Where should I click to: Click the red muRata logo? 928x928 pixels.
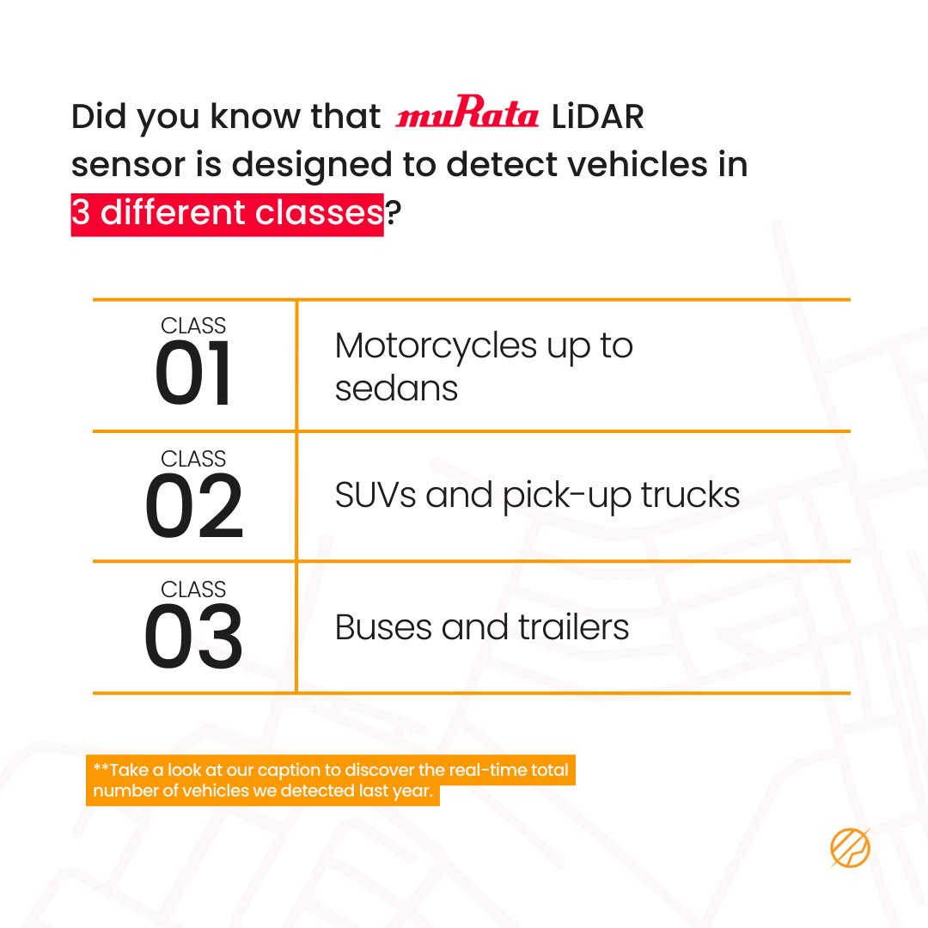(467, 117)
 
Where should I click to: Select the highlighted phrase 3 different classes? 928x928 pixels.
(227, 212)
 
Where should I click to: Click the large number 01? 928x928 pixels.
(193, 376)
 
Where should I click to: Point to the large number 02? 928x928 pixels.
(193, 507)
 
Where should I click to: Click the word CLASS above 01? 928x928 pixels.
(193, 326)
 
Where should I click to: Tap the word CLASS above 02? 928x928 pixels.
(193, 458)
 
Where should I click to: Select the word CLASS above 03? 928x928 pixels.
(193, 589)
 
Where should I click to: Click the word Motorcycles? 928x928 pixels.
(436, 345)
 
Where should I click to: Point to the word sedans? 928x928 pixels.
(396, 388)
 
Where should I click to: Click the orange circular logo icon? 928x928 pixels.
(850, 848)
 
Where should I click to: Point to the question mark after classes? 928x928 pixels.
(393, 212)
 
